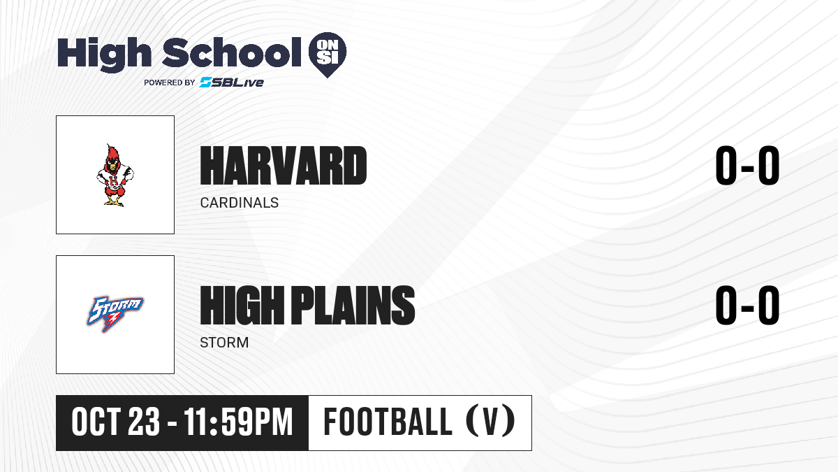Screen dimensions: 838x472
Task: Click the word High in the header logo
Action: [x=104, y=54]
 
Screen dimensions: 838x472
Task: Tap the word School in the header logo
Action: [x=232, y=52]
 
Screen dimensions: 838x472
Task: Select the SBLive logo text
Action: [x=232, y=82]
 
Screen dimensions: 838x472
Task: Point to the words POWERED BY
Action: [x=170, y=83]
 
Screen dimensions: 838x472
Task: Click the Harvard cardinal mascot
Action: [x=115, y=175]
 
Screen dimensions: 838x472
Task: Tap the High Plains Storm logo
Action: [x=115, y=314]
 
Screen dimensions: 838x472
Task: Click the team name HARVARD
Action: [x=284, y=166]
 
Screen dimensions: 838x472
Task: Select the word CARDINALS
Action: [x=240, y=203]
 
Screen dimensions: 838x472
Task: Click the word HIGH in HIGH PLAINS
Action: [x=242, y=306]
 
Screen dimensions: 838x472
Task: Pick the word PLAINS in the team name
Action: [x=353, y=306]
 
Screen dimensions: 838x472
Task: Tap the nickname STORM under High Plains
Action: [x=224, y=343]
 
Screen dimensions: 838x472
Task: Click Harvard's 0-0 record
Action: [x=747, y=166]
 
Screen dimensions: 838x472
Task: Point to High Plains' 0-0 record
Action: [x=747, y=306]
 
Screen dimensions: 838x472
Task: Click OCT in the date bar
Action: [x=96, y=422]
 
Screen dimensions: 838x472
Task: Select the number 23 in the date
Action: [x=144, y=422]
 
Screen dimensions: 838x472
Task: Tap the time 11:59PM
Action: [x=238, y=422]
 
